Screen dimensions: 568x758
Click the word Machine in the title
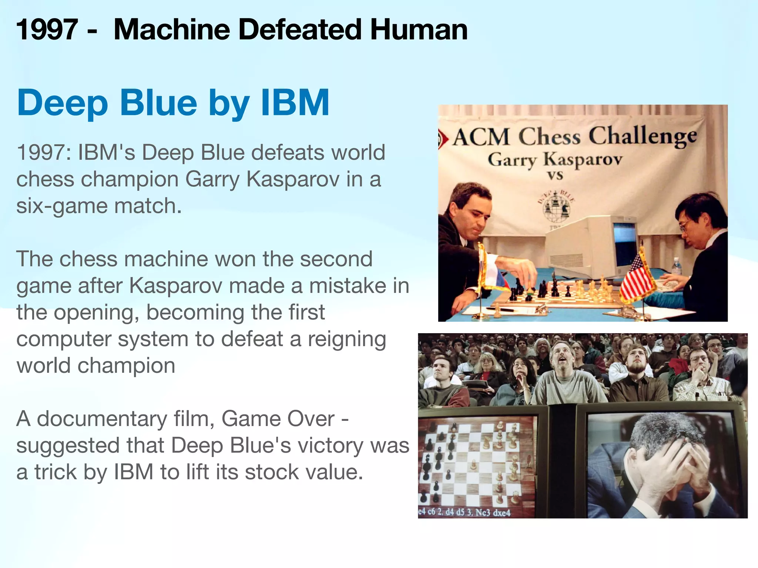point(172,30)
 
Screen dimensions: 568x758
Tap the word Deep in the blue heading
point(63,104)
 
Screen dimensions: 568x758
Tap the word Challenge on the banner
point(643,136)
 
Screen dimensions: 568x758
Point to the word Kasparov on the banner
point(583,160)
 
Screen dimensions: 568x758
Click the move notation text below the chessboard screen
point(464,512)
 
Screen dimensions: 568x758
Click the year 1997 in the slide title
point(47,30)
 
